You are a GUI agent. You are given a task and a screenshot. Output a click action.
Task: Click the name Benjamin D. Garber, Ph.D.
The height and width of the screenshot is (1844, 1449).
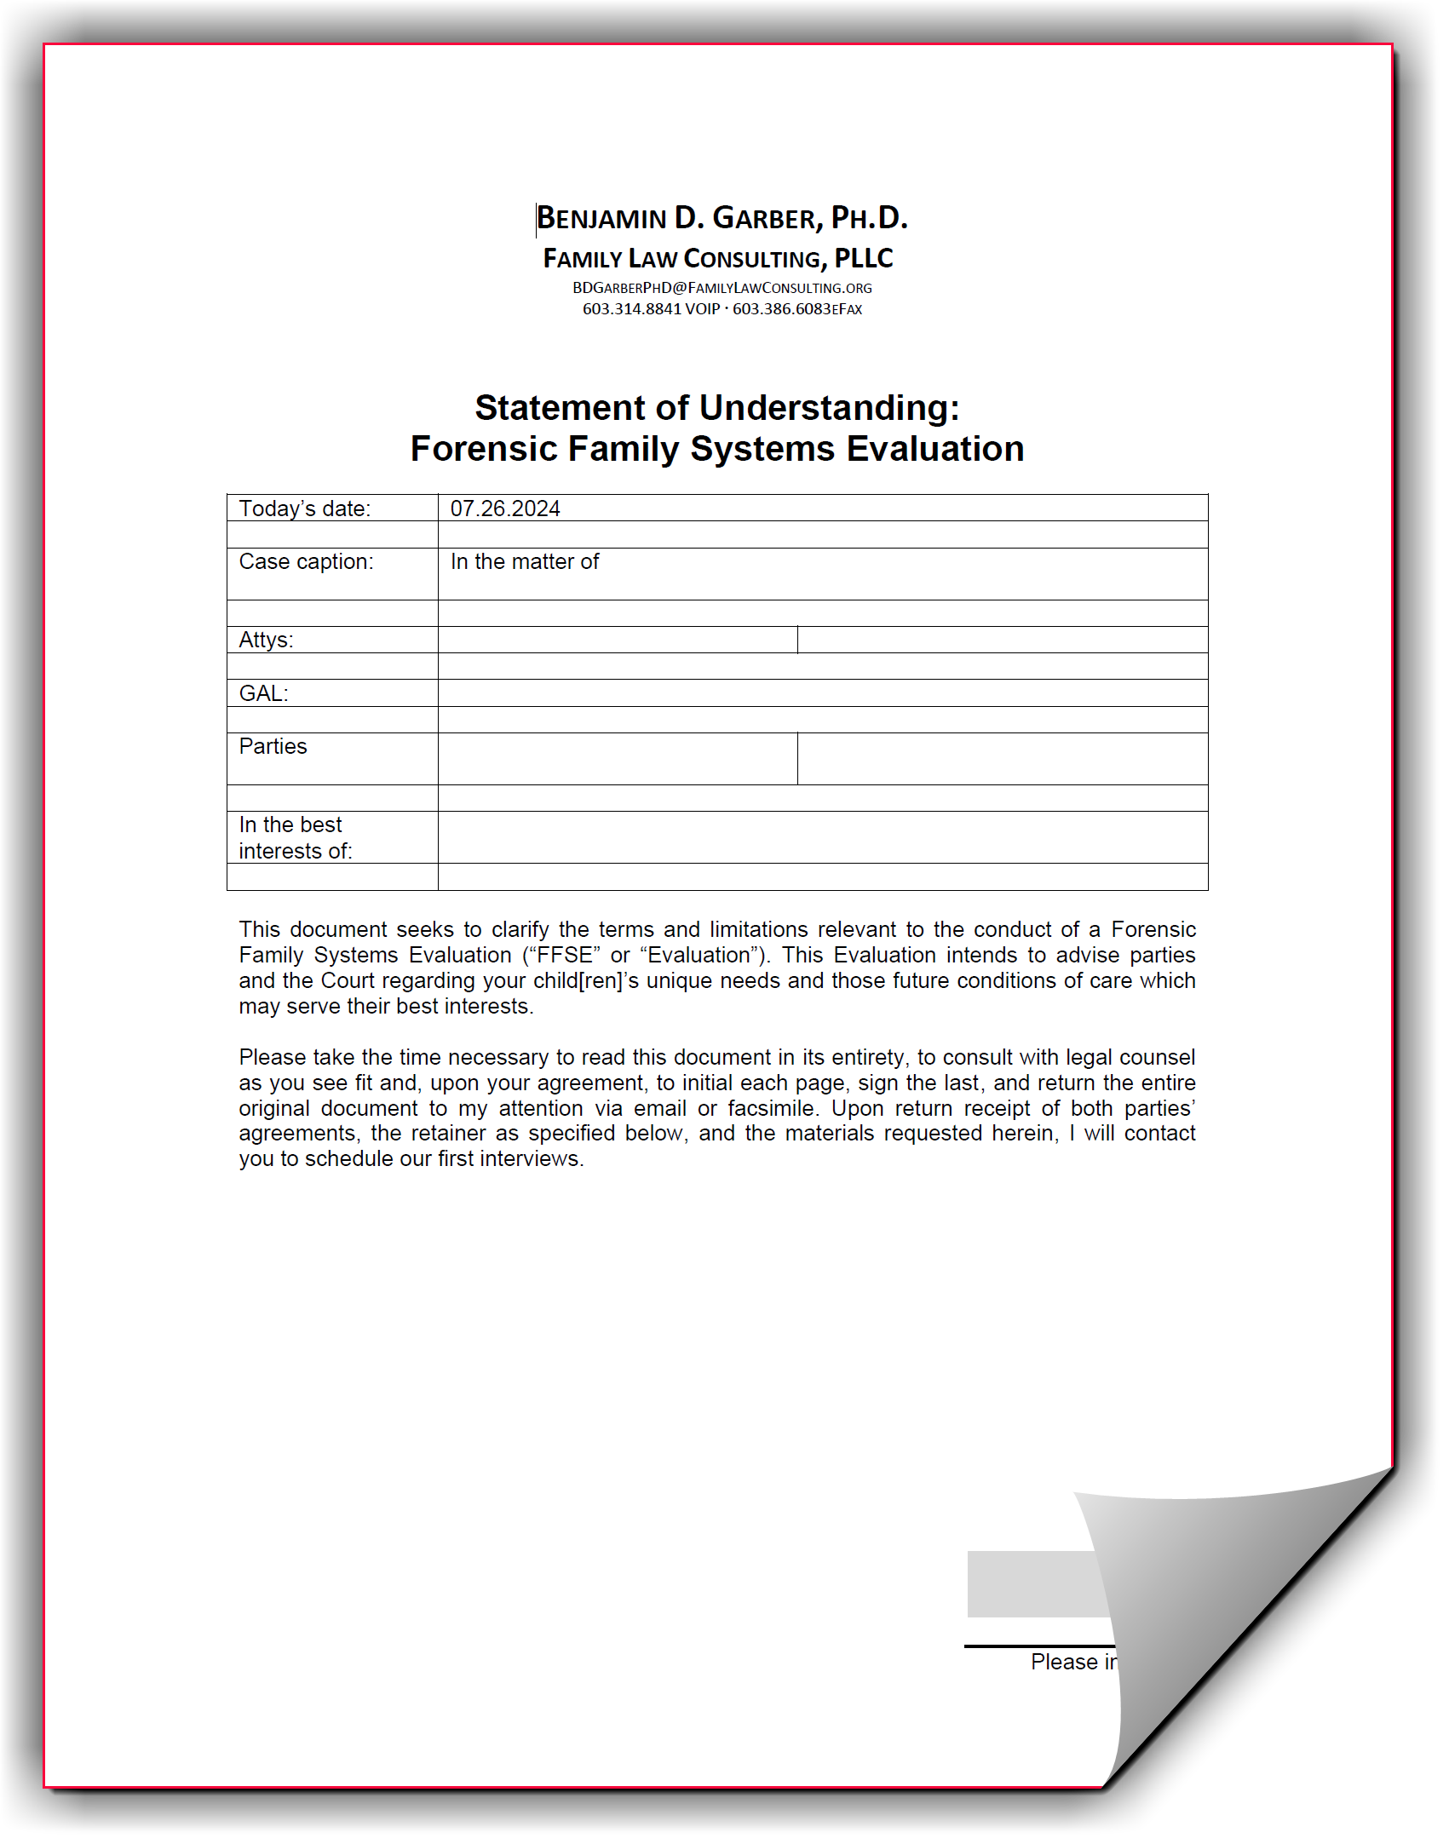coord(722,219)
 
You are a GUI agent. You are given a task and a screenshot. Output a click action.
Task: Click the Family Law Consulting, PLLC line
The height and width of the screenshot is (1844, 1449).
coord(718,259)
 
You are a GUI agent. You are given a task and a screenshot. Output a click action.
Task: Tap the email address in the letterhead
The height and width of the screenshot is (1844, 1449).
coord(722,288)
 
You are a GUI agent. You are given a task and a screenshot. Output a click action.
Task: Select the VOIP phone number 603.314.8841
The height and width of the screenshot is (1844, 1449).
coord(632,309)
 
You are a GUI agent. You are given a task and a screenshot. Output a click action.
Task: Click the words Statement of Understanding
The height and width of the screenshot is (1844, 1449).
coord(716,408)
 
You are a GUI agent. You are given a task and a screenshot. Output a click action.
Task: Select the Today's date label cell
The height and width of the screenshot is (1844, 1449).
coord(305,508)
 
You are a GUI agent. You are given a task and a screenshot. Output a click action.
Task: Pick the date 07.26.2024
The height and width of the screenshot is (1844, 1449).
coord(505,508)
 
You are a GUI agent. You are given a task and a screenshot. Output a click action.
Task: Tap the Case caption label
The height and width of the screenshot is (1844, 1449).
coord(306,562)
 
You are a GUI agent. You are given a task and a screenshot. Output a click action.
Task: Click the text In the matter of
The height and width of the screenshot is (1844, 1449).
coord(525,562)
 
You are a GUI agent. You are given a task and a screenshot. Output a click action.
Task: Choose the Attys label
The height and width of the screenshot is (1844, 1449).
coord(266,641)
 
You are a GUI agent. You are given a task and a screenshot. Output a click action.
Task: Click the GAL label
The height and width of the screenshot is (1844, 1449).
coord(263,693)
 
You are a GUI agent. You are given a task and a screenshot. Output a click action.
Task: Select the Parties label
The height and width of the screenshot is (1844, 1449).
coord(273,747)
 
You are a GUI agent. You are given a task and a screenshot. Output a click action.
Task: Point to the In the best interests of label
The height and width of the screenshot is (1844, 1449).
coord(295,838)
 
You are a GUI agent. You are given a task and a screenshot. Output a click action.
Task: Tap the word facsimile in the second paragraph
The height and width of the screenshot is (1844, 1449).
coord(773,1108)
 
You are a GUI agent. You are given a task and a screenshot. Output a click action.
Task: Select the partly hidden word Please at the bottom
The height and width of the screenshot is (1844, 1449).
coord(1063,1662)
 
